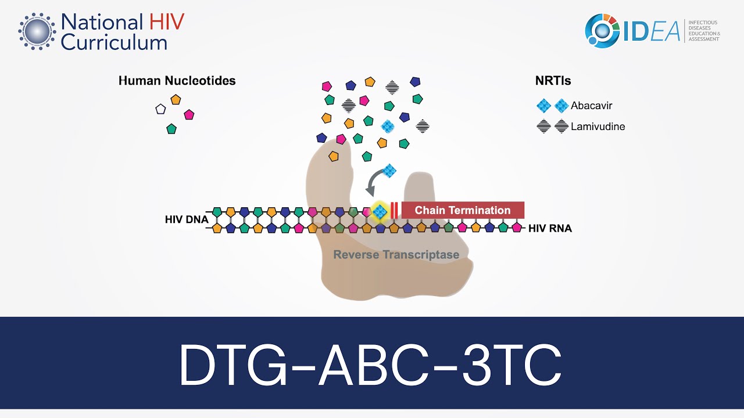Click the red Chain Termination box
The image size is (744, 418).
click(463, 210)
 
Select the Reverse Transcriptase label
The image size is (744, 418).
click(396, 254)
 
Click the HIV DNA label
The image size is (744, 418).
click(186, 219)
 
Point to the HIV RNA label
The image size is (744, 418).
click(550, 229)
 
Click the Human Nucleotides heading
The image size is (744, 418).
click(177, 81)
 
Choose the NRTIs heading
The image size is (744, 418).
click(553, 81)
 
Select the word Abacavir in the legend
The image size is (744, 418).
click(591, 106)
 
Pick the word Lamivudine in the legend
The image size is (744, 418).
click(598, 126)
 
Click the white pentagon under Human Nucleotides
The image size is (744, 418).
click(160, 109)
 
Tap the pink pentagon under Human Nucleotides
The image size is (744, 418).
click(188, 114)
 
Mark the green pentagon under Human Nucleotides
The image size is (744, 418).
click(171, 129)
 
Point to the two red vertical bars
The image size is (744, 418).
click(394, 210)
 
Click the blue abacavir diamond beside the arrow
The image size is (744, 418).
click(389, 170)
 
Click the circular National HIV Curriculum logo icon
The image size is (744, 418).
click(37, 31)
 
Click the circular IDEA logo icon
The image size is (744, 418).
click(603, 31)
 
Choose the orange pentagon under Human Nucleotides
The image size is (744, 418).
click(176, 99)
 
